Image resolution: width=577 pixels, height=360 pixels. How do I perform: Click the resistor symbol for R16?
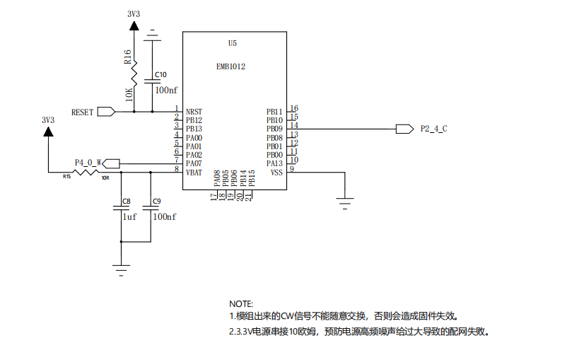[x=134, y=74]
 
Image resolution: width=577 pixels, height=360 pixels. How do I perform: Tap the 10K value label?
[x=129, y=95]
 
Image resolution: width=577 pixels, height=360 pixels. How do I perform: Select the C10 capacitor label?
[x=161, y=75]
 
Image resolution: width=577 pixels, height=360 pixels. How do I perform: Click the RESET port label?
[x=83, y=112]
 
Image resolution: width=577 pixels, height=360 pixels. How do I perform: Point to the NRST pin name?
[x=194, y=112]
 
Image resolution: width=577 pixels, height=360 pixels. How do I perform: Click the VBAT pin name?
[x=194, y=173]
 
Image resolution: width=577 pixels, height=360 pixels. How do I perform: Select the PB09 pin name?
[x=274, y=129]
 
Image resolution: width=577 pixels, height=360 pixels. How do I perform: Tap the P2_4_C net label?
[x=434, y=129]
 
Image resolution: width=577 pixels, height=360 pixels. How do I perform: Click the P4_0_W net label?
[x=88, y=163]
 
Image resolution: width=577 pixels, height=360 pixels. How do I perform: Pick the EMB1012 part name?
[x=231, y=66]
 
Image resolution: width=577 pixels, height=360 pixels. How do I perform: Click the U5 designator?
[x=233, y=43]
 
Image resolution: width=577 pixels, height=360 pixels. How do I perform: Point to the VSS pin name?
[x=276, y=173]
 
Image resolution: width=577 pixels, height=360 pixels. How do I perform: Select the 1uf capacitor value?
[x=129, y=217]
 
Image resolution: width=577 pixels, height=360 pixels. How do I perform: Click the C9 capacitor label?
[x=157, y=202]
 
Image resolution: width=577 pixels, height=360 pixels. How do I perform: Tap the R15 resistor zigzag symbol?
[x=86, y=173]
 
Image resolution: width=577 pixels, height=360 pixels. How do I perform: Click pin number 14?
[x=294, y=125]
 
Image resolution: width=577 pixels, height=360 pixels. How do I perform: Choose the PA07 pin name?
[x=194, y=163]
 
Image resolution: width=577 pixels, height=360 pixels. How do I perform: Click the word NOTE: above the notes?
[x=241, y=304]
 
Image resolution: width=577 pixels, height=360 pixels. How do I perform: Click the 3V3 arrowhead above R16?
[x=134, y=25]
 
